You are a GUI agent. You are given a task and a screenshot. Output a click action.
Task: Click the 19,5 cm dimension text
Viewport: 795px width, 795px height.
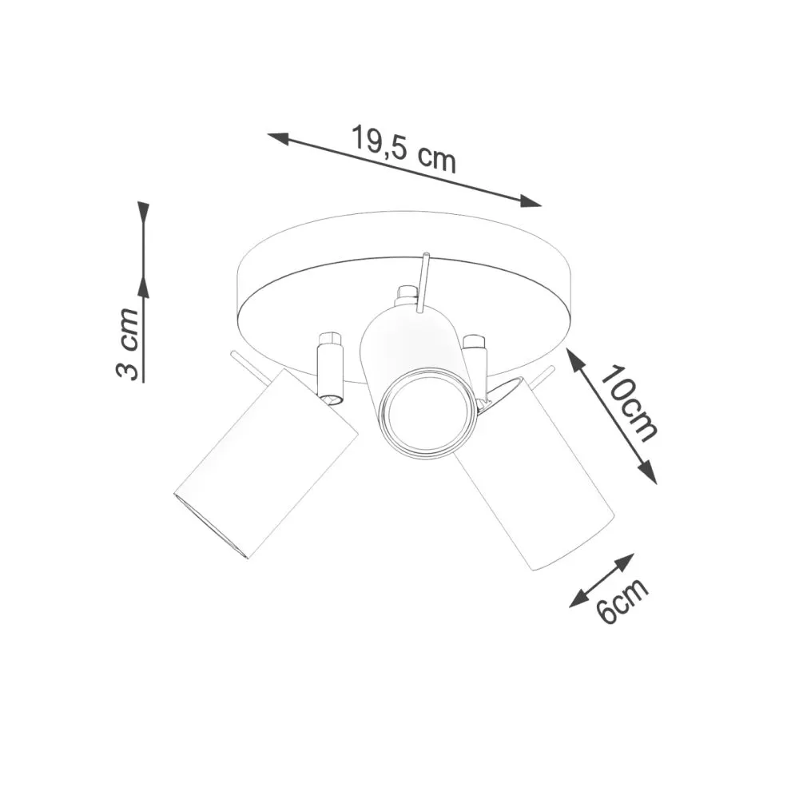pos(403,149)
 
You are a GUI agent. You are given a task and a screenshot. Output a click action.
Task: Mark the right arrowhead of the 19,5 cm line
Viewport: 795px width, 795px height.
pos(531,201)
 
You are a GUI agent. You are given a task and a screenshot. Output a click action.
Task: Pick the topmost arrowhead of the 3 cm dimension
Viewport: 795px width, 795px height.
pos(143,212)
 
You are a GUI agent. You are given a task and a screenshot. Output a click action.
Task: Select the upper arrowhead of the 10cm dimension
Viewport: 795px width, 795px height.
pos(576,359)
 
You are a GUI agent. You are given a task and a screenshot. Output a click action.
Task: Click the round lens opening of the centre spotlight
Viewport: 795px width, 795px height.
pos(427,413)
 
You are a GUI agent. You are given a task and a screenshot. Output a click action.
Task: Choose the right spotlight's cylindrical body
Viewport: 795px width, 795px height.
pos(535,479)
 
